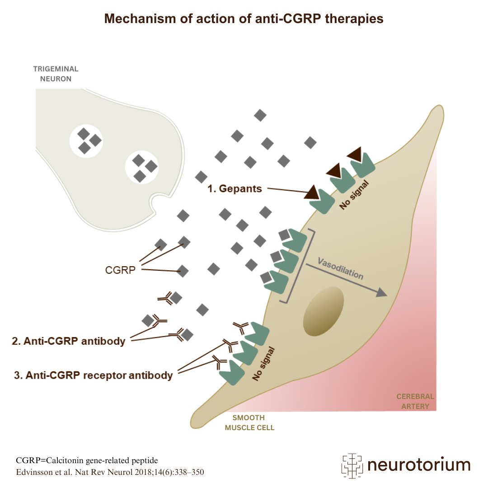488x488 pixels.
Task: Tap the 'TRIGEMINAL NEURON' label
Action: coord(56,74)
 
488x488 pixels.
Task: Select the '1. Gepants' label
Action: coord(235,189)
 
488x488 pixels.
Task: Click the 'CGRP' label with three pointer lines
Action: coord(120,270)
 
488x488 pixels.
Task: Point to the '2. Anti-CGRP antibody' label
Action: coord(68,341)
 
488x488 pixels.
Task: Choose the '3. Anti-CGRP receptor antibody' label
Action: coord(93,375)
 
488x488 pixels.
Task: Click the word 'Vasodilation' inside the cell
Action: coord(340,268)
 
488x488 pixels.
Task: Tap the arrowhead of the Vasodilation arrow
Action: coord(382,293)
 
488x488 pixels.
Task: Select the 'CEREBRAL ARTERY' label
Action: coord(415,401)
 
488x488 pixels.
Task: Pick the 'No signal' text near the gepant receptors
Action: coord(355,195)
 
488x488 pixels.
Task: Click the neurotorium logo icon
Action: coord(352,465)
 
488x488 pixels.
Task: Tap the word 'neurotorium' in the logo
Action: coord(418,465)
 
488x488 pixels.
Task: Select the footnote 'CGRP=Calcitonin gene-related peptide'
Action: coord(87,460)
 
